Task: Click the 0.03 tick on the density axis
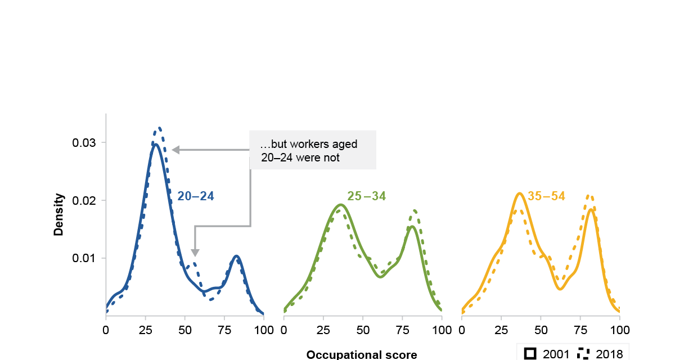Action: click(x=84, y=143)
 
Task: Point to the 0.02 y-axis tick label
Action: click(x=84, y=201)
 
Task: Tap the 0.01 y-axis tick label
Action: click(x=84, y=258)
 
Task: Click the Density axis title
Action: click(x=58, y=215)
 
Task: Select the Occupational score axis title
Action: click(x=362, y=354)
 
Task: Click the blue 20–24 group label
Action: click(x=196, y=196)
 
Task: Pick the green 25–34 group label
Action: click(x=367, y=196)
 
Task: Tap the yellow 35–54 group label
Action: click(x=546, y=196)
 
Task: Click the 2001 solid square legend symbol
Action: click(x=530, y=353)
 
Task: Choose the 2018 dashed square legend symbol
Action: click(x=583, y=353)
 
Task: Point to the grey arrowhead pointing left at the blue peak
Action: click(x=175, y=150)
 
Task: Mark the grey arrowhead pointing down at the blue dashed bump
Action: click(x=195, y=253)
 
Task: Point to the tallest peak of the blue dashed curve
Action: click(x=159, y=128)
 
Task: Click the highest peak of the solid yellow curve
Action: click(x=520, y=193)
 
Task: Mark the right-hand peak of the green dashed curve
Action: click(x=415, y=210)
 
